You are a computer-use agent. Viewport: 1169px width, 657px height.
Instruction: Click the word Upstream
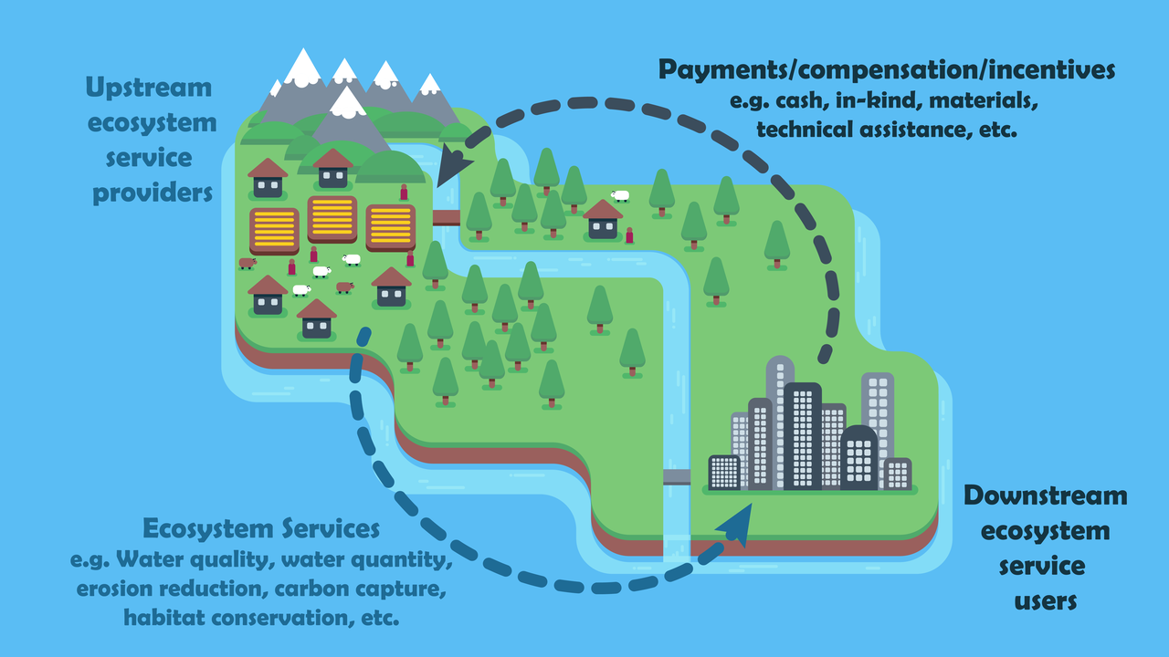click(149, 89)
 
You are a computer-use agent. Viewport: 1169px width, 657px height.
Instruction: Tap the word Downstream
click(1046, 496)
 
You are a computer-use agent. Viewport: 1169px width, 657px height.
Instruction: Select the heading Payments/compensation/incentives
click(886, 69)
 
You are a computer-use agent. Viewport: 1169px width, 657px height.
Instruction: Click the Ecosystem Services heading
click(260, 529)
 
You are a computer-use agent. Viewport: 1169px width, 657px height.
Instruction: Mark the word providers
click(152, 193)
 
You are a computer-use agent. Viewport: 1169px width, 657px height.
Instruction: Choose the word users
click(1046, 601)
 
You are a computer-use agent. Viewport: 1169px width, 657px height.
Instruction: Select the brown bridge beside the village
click(446, 217)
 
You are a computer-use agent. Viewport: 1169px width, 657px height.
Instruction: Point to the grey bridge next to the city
click(677, 476)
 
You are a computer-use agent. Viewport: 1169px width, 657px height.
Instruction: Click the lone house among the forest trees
click(603, 220)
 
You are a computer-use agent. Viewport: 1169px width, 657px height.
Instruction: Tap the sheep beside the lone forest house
click(621, 195)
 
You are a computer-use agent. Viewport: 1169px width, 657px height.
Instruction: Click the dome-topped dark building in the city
click(858, 456)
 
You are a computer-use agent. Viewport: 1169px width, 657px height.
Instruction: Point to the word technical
click(804, 130)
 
